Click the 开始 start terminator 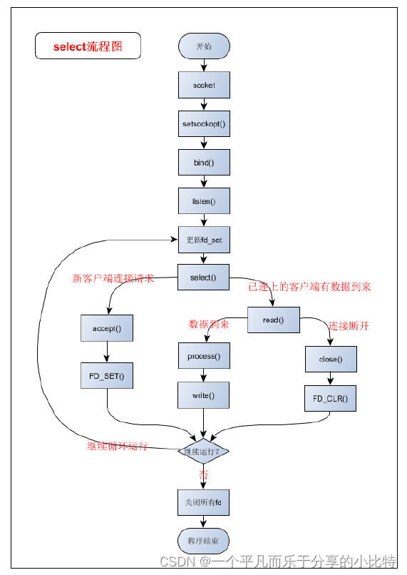click(x=203, y=46)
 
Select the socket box click(x=203, y=85)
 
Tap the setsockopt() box click(x=203, y=123)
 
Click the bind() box click(x=203, y=162)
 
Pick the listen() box click(x=203, y=201)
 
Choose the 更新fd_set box click(x=203, y=240)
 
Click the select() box click(x=203, y=278)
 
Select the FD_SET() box click(x=107, y=375)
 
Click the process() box click(x=204, y=356)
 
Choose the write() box click(x=204, y=395)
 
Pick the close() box click(x=330, y=360)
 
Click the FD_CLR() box click(x=330, y=398)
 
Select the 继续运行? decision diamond click(x=203, y=451)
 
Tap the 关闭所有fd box click(x=203, y=502)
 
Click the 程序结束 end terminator click(x=203, y=541)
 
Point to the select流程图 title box click(x=88, y=47)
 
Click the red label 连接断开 click(x=349, y=326)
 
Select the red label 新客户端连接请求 click(x=113, y=278)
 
